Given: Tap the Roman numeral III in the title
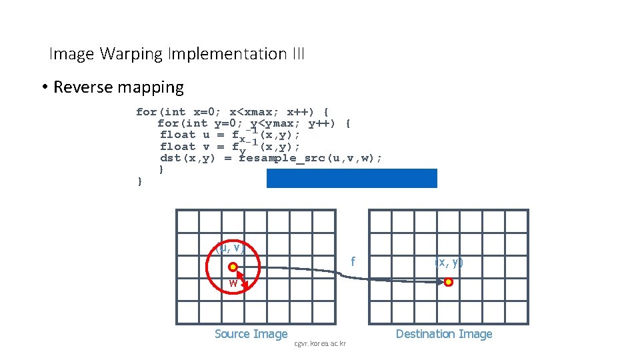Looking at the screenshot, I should point(298,54).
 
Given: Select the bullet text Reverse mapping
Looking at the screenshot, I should point(118,87).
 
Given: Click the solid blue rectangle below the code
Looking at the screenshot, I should point(351,178).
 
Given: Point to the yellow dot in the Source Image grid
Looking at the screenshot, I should point(233,267).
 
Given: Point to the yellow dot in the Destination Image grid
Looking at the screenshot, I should point(449,282).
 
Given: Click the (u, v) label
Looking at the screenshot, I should point(231,248).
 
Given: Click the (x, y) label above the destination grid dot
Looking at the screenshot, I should point(449,262).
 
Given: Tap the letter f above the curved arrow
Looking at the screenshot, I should point(353,262).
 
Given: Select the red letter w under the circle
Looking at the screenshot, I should point(233,283).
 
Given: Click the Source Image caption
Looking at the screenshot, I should point(251,334).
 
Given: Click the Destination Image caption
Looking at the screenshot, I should point(444,334).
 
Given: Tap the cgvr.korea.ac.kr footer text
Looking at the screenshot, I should point(319,343).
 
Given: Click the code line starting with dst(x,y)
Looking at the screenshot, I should point(271,158).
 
